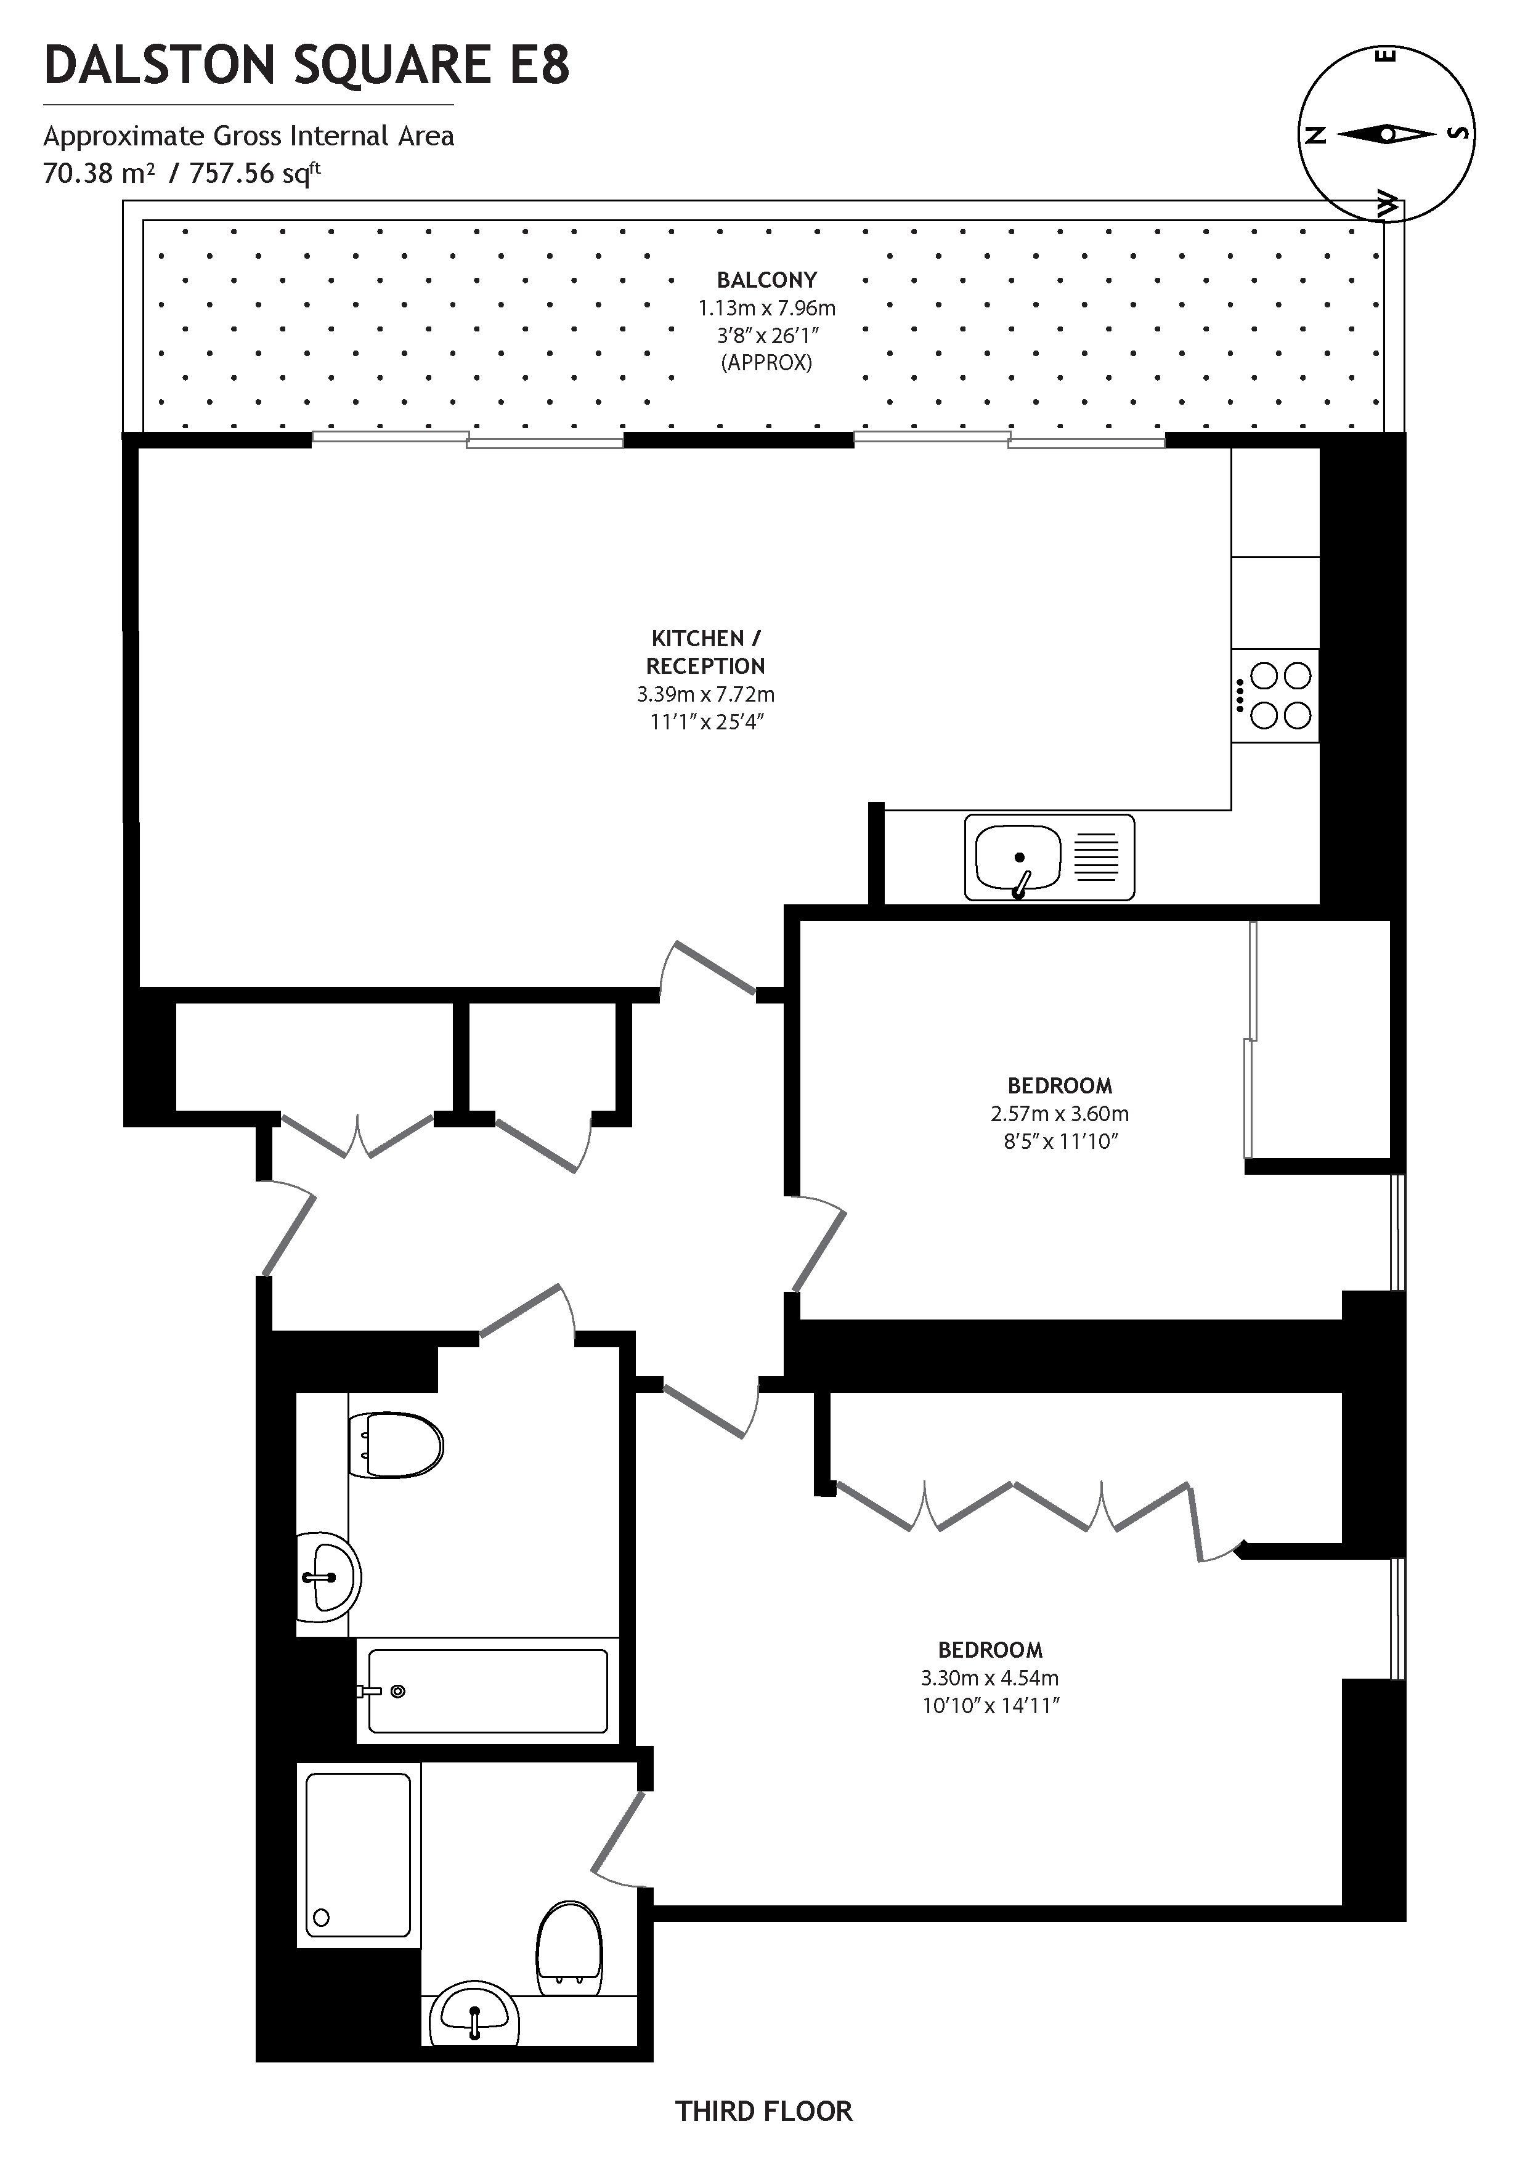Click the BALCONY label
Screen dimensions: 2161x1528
[x=766, y=280]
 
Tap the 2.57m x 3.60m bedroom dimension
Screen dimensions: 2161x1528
[x=1059, y=1113]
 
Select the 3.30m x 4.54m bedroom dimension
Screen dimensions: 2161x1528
[x=990, y=1677]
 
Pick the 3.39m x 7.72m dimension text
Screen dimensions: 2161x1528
[x=705, y=695]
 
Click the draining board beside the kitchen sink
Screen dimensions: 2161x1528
[x=1096, y=856]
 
